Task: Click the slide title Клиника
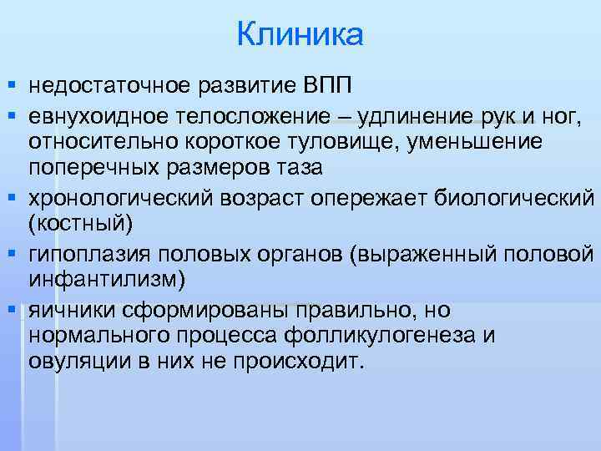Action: coord(300,35)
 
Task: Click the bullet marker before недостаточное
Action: coord(10,85)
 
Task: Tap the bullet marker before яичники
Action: coord(10,310)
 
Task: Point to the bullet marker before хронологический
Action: coord(10,198)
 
